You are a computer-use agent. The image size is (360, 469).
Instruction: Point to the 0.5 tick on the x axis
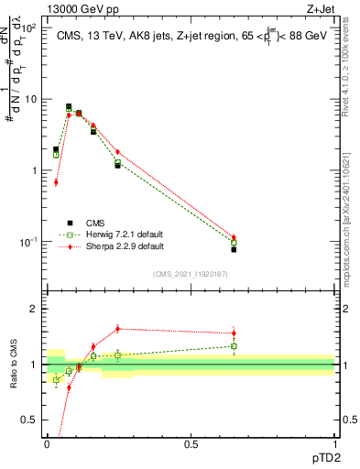tap(191, 442)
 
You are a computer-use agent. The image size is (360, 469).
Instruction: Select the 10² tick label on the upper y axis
tap(30, 28)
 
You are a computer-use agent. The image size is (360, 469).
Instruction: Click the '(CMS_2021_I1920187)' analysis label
tap(191, 274)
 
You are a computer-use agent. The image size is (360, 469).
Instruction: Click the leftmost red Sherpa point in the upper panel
tap(56, 182)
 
